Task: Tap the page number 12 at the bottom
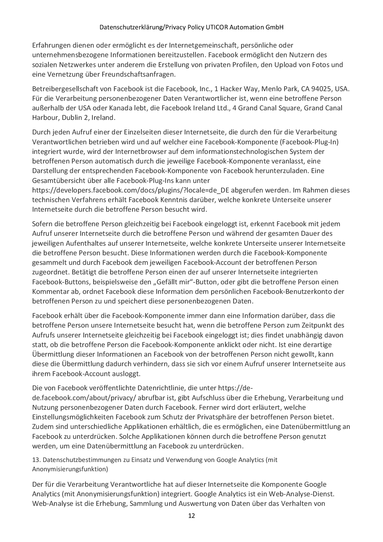(x=192, y=516)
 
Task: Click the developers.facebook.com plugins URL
(x=130, y=190)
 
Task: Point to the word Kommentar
(x=49, y=291)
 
